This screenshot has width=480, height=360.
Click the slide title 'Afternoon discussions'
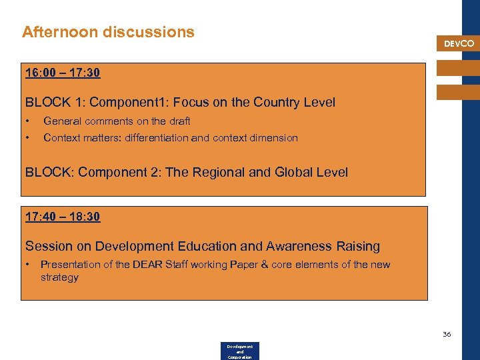(x=108, y=32)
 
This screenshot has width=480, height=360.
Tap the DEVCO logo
(x=459, y=44)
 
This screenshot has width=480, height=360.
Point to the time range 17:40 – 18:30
(x=63, y=217)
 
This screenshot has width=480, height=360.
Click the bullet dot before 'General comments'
(x=28, y=121)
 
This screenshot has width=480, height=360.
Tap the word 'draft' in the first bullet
(x=179, y=121)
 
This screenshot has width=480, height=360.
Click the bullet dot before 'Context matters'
(x=28, y=138)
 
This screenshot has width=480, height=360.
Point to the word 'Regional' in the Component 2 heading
(x=217, y=172)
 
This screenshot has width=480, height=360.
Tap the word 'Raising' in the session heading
(x=357, y=246)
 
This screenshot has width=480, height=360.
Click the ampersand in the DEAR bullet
(x=265, y=265)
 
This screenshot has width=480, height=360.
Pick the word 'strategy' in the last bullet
(x=59, y=277)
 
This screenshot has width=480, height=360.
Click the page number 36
(x=447, y=334)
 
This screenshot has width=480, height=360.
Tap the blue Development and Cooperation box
(x=239, y=351)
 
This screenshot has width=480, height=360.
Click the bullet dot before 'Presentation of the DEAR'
(x=28, y=265)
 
